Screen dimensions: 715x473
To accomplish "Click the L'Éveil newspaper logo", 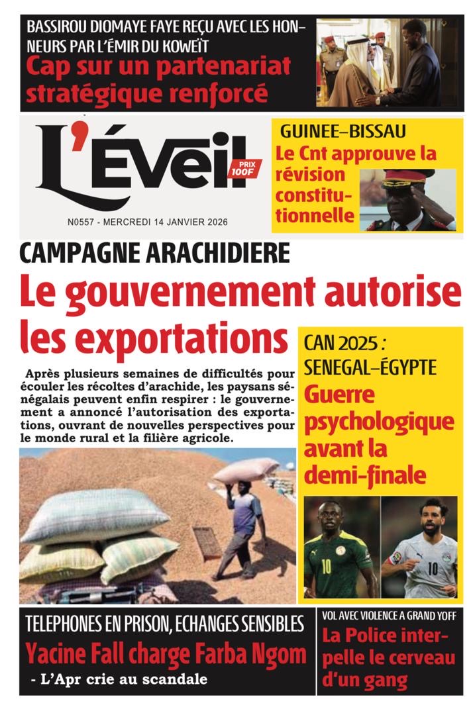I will (139, 166).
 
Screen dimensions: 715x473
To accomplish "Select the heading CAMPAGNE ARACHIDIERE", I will (155, 254).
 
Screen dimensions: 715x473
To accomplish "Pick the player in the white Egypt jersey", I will (424, 549).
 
